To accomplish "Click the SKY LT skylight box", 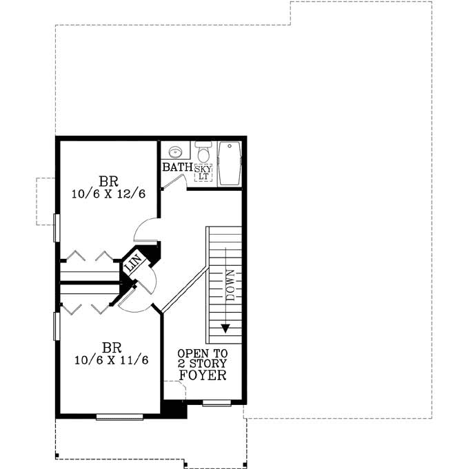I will point(203,172).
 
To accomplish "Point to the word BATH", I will point(176,167).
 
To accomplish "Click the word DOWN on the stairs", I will point(230,282).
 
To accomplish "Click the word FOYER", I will point(203,375).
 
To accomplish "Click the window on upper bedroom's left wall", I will point(56,227).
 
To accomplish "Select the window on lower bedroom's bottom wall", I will point(119,416).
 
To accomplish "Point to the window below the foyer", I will point(216,403).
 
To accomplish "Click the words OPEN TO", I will point(202,353).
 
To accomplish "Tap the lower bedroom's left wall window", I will point(56,326).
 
